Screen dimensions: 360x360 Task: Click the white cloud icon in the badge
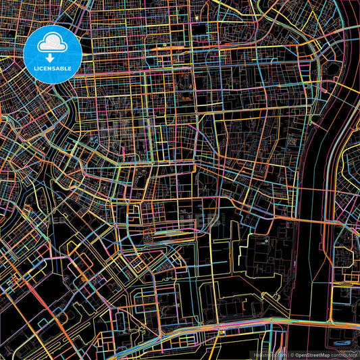[x=52, y=45]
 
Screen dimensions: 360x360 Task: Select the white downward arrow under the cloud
[x=52, y=59]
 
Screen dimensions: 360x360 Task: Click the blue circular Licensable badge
[x=52, y=55]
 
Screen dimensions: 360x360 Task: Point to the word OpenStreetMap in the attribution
[x=311, y=354]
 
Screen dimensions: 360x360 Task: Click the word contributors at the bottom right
[x=344, y=354]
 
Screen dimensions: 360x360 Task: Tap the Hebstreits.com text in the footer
[x=272, y=354]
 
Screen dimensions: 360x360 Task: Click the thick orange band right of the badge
[x=135, y=49]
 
